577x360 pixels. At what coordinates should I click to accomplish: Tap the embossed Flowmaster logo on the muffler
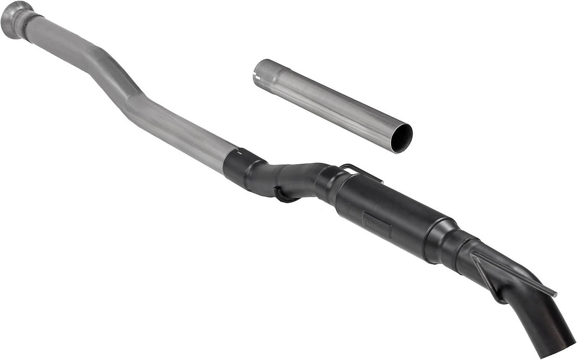pyautogui.click(x=376, y=223)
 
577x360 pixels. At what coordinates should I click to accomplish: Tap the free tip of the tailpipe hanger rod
pyautogui.click(x=554, y=294)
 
